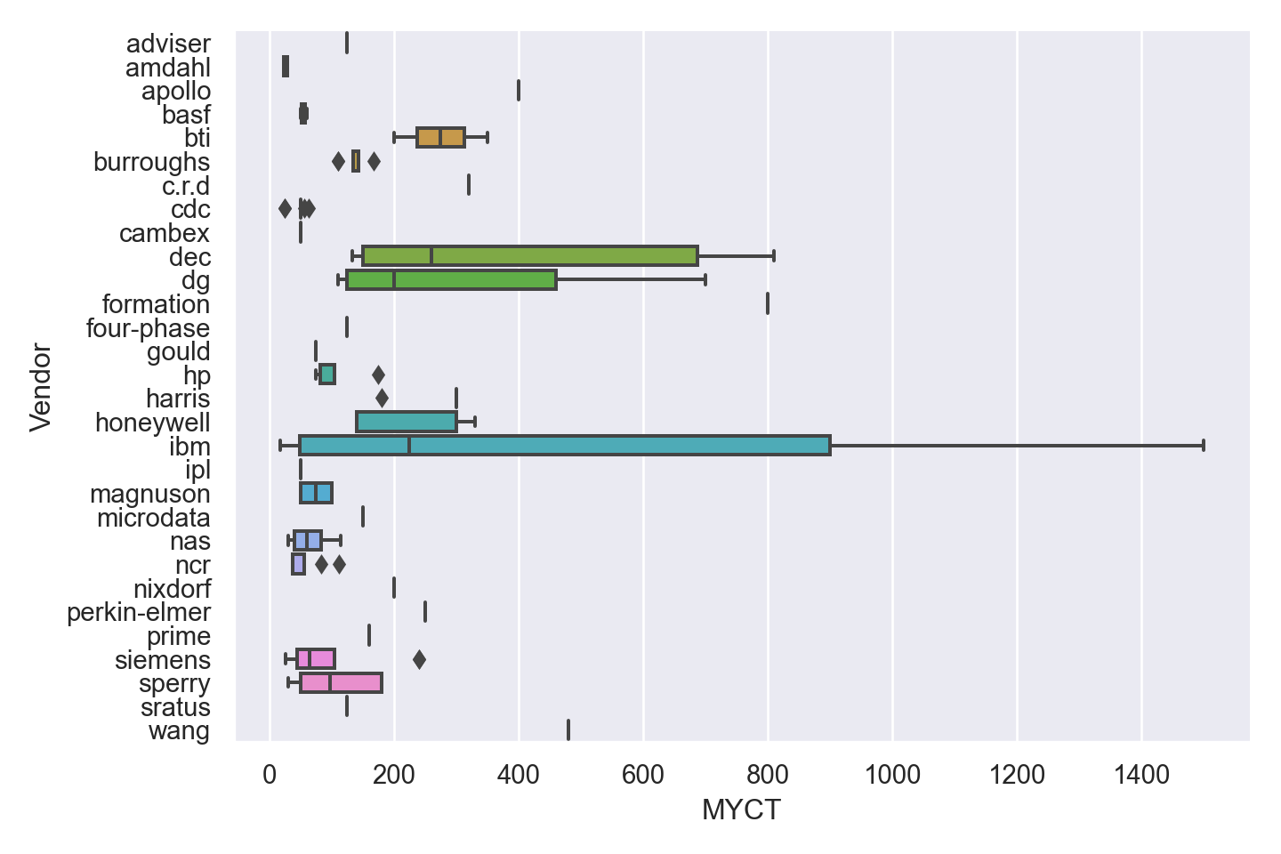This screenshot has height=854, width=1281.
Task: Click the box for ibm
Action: (565, 446)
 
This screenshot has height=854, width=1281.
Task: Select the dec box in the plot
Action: (530, 256)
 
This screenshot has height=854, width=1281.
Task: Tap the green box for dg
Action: (451, 279)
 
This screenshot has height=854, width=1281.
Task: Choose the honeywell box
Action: (407, 422)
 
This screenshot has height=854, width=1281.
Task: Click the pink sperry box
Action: (342, 683)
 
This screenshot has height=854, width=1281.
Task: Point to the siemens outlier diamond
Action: (419, 659)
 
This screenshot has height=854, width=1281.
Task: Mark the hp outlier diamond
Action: (378, 375)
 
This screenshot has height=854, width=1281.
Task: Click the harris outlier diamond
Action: (382, 398)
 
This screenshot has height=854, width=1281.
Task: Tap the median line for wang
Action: (568, 730)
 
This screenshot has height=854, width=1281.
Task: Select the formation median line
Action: (768, 303)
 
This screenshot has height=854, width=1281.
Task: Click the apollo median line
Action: (519, 91)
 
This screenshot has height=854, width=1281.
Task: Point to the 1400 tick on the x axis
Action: (1141, 776)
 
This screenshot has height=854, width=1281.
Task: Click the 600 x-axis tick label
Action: (643, 776)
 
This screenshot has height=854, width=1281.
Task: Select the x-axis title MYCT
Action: (741, 810)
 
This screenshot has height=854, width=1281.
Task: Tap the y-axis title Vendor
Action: (41, 387)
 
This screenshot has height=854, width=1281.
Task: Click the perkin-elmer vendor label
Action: (139, 613)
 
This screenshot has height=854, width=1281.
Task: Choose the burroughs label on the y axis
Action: (152, 162)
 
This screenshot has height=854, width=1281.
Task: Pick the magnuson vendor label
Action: (150, 494)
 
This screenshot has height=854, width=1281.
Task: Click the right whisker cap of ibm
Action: (1204, 446)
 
